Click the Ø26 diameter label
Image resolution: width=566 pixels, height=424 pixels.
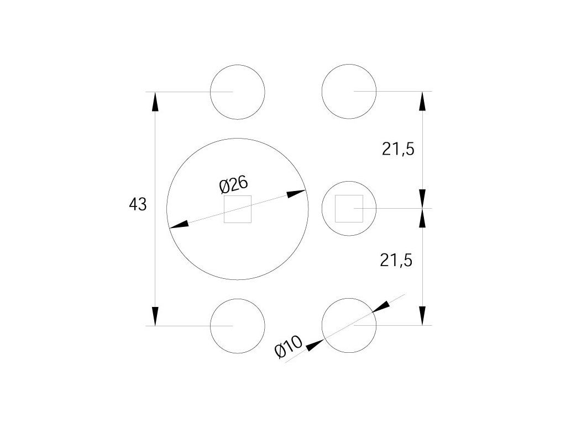point(233,184)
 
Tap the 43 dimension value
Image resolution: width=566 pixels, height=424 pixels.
point(138,205)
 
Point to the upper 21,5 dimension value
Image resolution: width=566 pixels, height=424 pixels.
point(398,149)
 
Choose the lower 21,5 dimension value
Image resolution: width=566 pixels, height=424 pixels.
point(397,259)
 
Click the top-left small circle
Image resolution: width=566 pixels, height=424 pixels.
point(238,92)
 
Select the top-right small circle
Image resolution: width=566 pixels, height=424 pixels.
point(349,92)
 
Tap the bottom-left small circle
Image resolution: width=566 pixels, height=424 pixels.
point(238,326)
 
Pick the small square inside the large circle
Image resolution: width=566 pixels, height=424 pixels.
point(238,209)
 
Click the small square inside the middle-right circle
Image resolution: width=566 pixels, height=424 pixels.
point(349,209)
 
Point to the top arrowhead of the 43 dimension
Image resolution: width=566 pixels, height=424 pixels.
point(155,102)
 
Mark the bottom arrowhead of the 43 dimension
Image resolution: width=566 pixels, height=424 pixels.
point(155,315)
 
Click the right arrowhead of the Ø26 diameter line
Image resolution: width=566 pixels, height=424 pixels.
point(296,194)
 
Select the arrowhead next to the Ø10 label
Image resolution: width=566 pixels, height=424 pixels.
point(314,345)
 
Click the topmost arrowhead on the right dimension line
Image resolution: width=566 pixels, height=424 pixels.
point(423,102)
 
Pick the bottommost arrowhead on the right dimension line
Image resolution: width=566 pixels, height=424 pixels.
point(423,315)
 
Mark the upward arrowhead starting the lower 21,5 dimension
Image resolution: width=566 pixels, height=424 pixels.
point(423,219)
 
